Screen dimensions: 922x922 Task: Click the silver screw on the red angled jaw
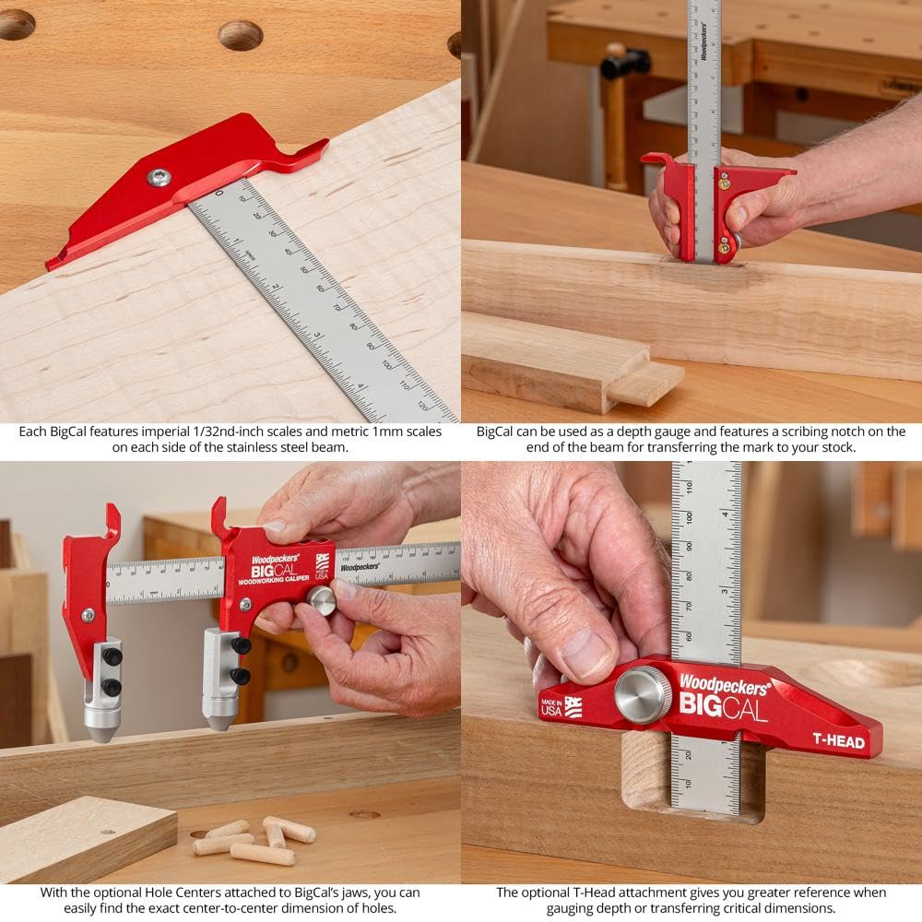(160, 177)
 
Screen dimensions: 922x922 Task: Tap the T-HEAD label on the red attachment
(837, 742)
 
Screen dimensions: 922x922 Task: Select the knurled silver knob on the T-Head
(643, 692)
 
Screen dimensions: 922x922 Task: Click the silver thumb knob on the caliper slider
(321, 600)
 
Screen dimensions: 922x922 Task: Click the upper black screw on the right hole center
(241, 646)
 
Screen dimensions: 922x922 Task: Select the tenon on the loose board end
(645, 381)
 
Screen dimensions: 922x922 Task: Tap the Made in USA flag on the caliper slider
(322, 562)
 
